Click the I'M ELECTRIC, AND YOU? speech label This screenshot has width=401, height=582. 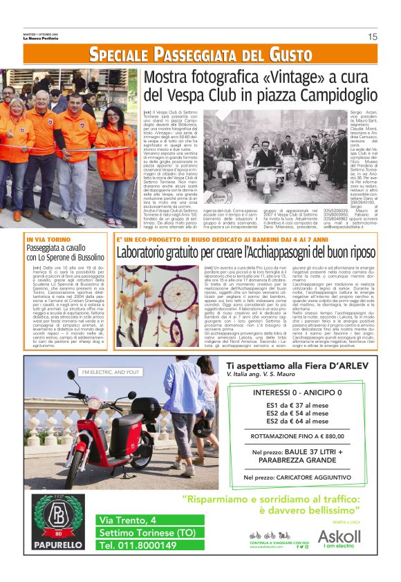109,373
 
